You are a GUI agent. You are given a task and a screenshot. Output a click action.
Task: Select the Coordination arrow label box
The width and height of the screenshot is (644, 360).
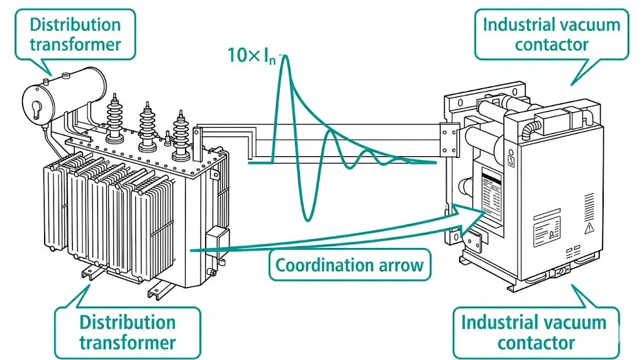[x=350, y=264]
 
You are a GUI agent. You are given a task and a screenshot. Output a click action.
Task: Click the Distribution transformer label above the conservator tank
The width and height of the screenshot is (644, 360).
[x=75, y=35]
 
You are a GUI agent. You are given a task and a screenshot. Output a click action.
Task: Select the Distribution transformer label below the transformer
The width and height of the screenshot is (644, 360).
[x=127, y=332]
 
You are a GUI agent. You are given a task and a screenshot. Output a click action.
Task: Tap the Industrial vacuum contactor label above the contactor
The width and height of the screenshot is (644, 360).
[x=551, y=35]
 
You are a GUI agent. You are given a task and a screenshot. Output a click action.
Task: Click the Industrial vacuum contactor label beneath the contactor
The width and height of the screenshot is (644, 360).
[x=533, y=333]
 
